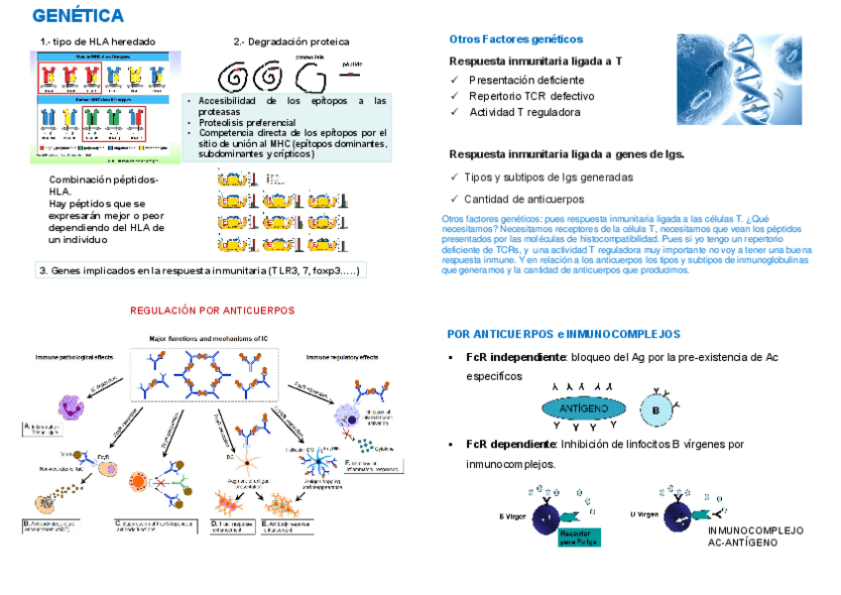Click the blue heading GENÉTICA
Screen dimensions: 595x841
(77, 16)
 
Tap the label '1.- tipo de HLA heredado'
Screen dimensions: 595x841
(98, 42)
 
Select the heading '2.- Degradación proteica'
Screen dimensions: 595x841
(291, 42)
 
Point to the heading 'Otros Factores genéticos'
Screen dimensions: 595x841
(516, 39)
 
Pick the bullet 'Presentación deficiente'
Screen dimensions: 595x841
(527, 79)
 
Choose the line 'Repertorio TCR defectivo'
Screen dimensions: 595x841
(532, 96)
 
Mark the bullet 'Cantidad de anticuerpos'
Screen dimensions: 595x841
(525, 198)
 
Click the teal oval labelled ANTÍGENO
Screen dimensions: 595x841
(584, 408)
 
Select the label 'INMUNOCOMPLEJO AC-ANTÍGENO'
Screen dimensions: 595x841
(756, 536)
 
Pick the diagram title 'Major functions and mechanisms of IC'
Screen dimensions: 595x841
(206, 338)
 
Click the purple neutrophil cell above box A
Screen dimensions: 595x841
(71, 408)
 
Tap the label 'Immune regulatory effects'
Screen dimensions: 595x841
(342, 357)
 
